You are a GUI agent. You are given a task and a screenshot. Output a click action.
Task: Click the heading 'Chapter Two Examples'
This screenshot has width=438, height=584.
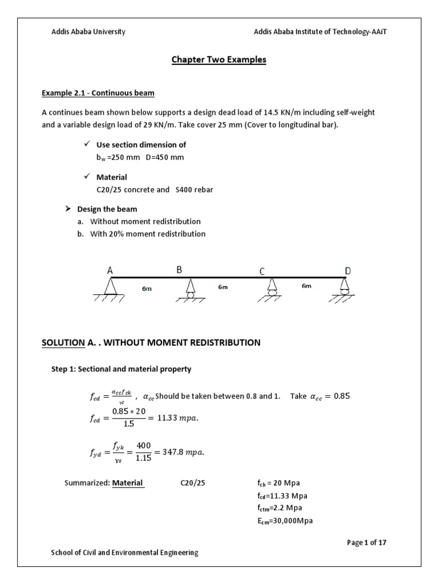click(219, 60)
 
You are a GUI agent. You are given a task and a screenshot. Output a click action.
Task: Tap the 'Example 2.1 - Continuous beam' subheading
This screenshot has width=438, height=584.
click(98, 93)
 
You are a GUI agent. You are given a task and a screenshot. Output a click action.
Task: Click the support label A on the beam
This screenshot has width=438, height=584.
click(110, 271)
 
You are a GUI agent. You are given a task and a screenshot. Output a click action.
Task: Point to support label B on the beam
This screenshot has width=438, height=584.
click(179, 270)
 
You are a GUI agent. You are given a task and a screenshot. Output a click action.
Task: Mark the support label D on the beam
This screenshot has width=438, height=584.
click(348, 270)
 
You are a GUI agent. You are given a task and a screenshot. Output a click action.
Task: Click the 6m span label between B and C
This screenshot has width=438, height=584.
click(223, 287)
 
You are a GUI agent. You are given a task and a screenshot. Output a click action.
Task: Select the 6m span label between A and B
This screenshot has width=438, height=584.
click(147, 289)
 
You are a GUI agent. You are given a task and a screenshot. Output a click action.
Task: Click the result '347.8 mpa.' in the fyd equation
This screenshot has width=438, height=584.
click(181, 453)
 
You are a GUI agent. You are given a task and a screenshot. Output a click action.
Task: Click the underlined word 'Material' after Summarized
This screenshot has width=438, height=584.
click(128, 483)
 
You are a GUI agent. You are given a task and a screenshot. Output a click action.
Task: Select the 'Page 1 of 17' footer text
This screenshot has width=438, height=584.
click(367, 542)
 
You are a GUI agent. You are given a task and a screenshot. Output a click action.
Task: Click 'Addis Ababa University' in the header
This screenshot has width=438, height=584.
click(88, 32)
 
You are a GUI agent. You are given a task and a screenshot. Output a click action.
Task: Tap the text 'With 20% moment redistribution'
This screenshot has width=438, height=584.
click(148, 234)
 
